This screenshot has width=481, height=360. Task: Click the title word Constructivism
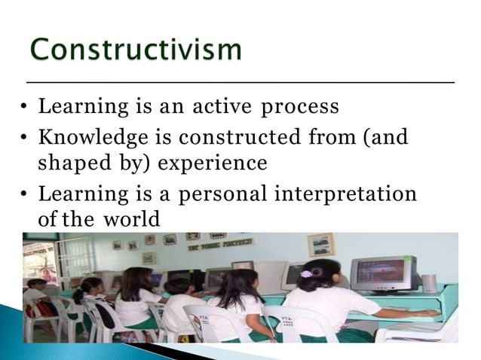136,50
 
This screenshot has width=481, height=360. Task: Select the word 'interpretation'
345,194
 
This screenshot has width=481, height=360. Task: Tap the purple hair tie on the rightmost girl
307,275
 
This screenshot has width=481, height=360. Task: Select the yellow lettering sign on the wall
231,244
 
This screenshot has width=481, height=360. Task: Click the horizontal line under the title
240,81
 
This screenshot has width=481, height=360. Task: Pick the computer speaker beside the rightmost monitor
430,283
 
